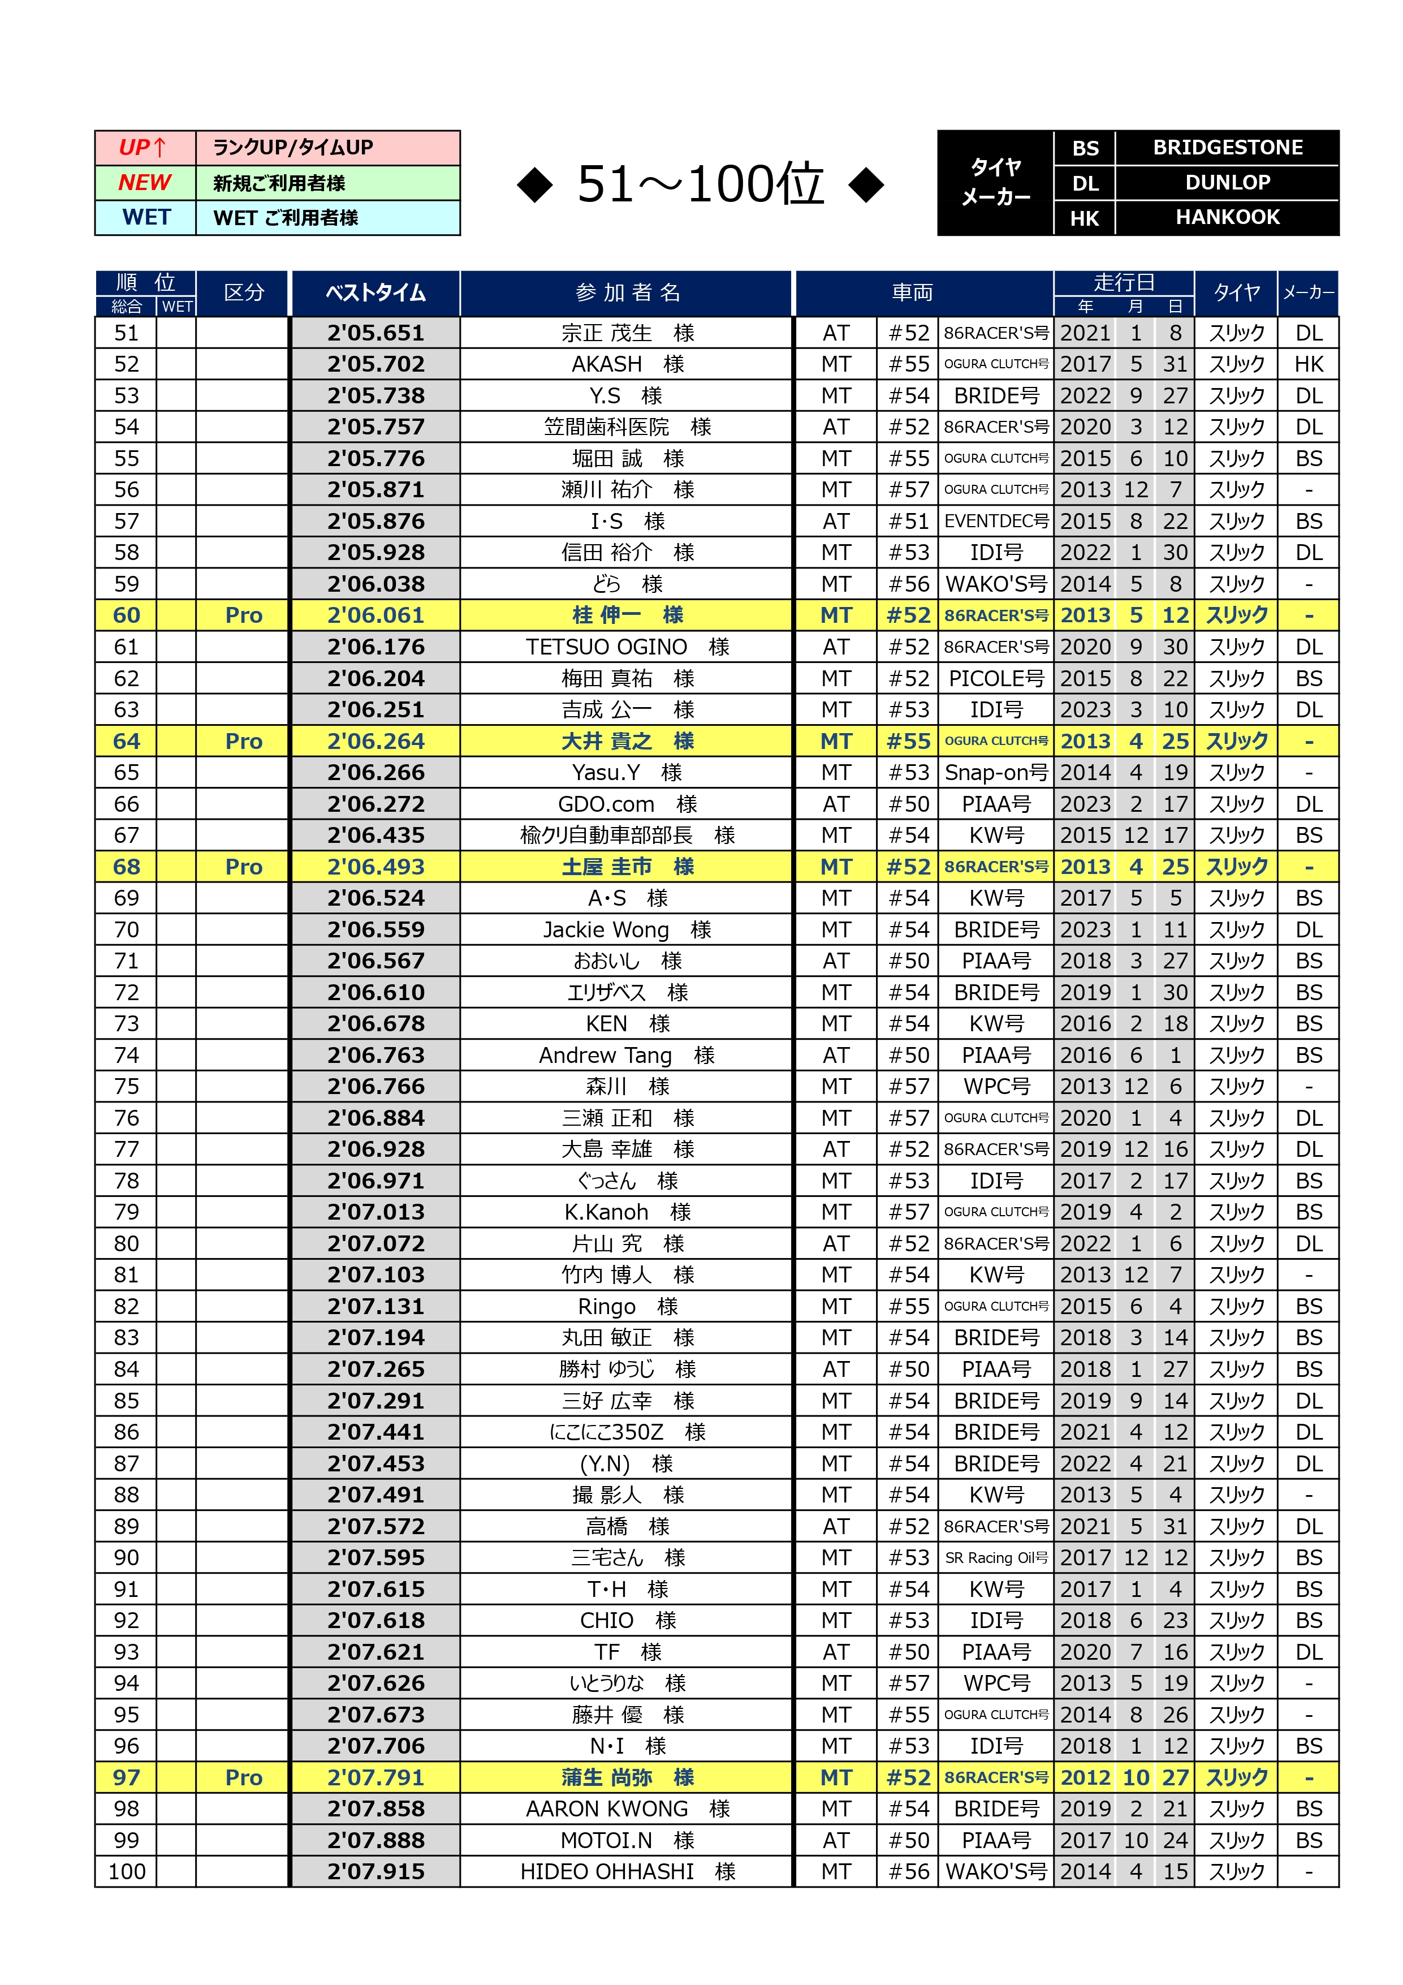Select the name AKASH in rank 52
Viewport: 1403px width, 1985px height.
tap(607, 364)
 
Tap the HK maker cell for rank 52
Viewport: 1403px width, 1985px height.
tap(1308, 364)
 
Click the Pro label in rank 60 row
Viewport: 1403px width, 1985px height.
tap(244, 615)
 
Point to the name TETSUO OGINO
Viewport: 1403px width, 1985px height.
tap(607, 647)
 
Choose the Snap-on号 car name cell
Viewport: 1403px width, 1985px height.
tap(996, 772)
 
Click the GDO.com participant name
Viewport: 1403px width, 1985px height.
tap(606, 804)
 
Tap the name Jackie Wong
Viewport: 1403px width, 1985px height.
tap(606, 929)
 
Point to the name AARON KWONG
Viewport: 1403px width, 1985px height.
tap(607, 1809)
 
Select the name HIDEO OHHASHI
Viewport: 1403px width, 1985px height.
tap(607, 1872)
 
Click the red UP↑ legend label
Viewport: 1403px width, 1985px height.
tap(144, 148)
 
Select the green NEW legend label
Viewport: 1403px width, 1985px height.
tap(144, 182)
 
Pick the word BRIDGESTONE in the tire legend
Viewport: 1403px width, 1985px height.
tap(1228, 148)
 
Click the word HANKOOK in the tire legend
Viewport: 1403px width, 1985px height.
tap(1228, 217)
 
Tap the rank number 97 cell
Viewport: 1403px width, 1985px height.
tap(126, 1777)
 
